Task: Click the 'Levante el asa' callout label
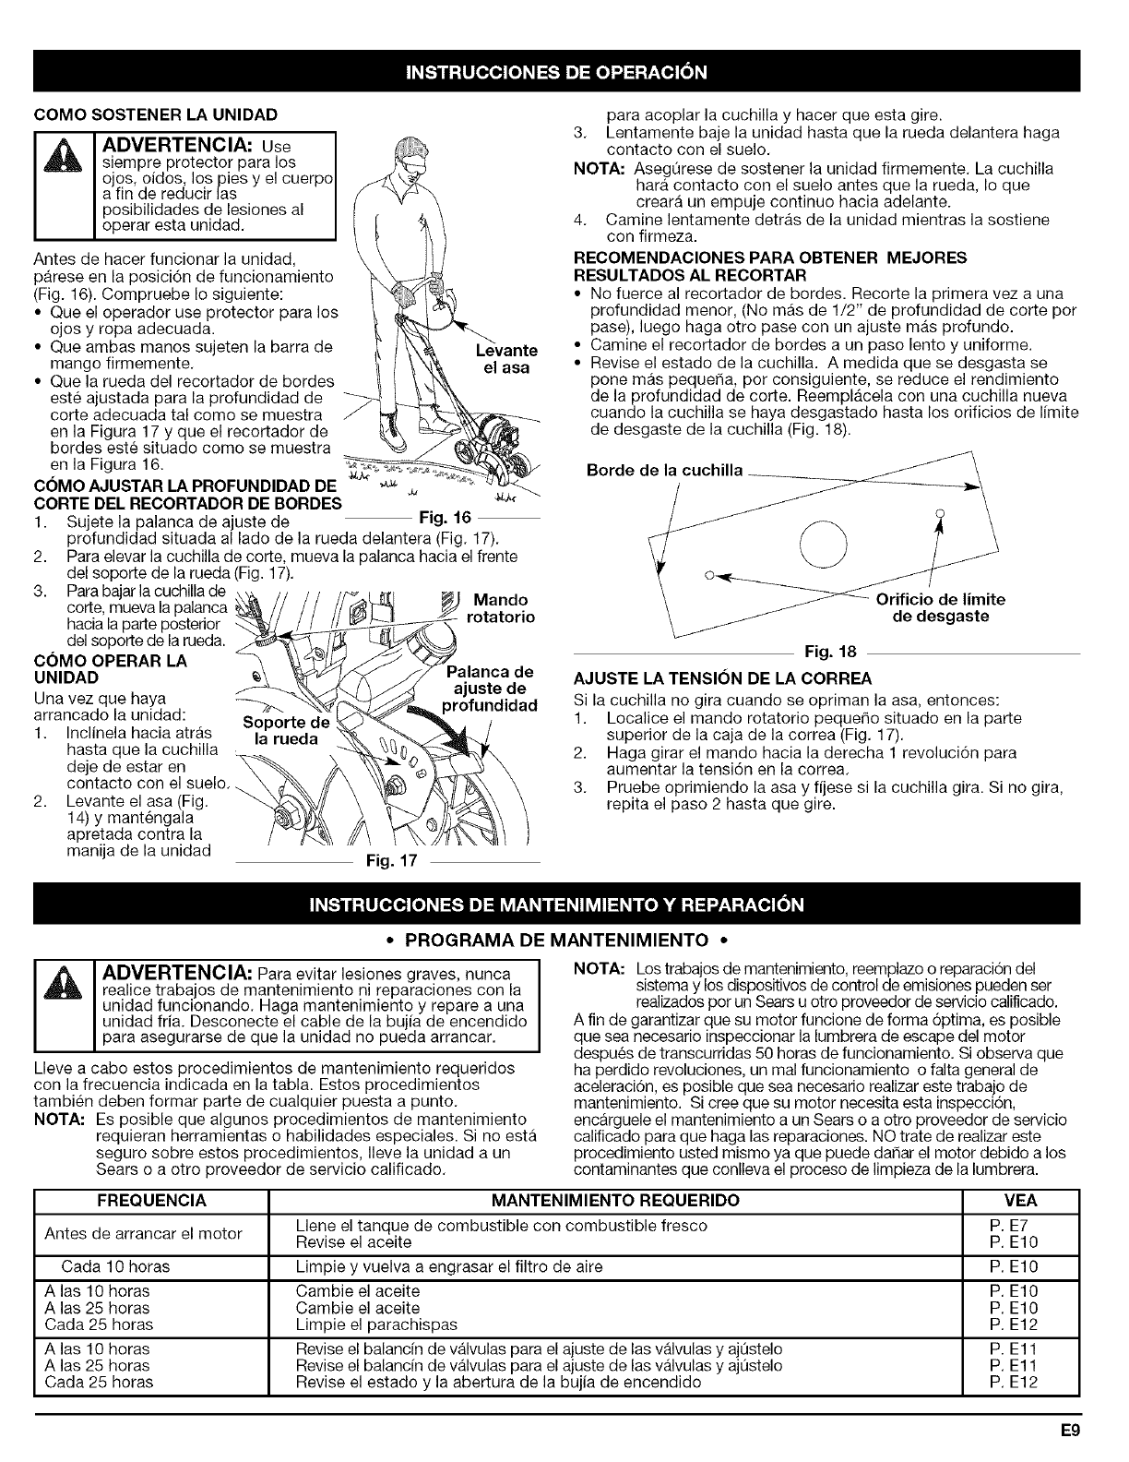point(505,358)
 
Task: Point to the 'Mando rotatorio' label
point(502,608)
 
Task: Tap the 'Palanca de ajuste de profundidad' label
point(493,688)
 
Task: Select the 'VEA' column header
point(1020,1201)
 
